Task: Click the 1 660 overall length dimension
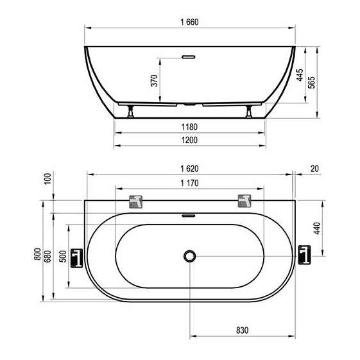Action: [x=189, y=22]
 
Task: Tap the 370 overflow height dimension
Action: [x=154, y=81]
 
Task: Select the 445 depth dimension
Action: [x=300, y=75]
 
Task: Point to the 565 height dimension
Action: [x=312, y=82]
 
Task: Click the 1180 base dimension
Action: [x=189, y=126]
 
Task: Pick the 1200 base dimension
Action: [x=189, y=140]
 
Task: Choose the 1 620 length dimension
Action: [x=189, y=169]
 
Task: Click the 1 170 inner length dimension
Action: [x=189, y=183]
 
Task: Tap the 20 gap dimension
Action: [x=314, y=169]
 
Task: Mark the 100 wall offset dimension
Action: [x=47, y=179]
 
